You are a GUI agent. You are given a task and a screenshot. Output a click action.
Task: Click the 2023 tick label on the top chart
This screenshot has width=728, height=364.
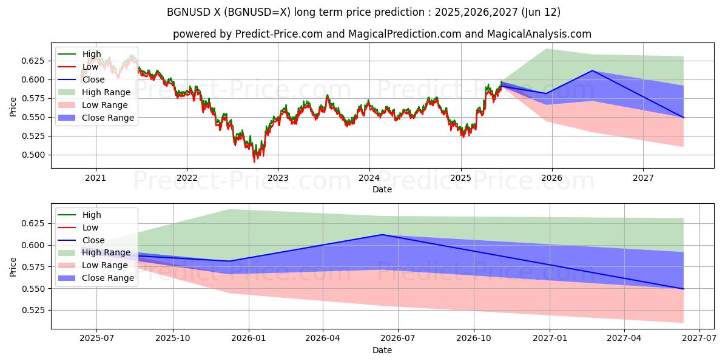point(278,178)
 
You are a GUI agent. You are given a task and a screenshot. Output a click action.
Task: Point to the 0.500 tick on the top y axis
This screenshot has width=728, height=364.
point(33,155)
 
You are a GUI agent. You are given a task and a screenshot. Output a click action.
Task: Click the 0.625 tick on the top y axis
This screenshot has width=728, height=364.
point(33,61)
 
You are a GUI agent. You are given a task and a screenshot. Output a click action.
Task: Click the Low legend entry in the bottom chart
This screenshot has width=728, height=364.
point(90,227)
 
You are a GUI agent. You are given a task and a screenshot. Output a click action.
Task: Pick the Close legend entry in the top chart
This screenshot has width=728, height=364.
point(93,79)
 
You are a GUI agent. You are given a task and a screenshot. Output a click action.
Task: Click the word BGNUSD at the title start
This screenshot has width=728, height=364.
point(186,12)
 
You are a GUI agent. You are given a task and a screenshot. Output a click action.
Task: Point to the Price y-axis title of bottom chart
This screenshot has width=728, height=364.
point(13,266)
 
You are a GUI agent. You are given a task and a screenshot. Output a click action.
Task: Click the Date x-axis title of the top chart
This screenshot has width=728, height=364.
point(382,189)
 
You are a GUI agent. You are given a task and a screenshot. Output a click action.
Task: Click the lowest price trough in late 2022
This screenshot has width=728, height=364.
point(254,161)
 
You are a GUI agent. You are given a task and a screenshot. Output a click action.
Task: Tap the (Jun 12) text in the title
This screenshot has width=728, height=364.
point(539,12)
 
